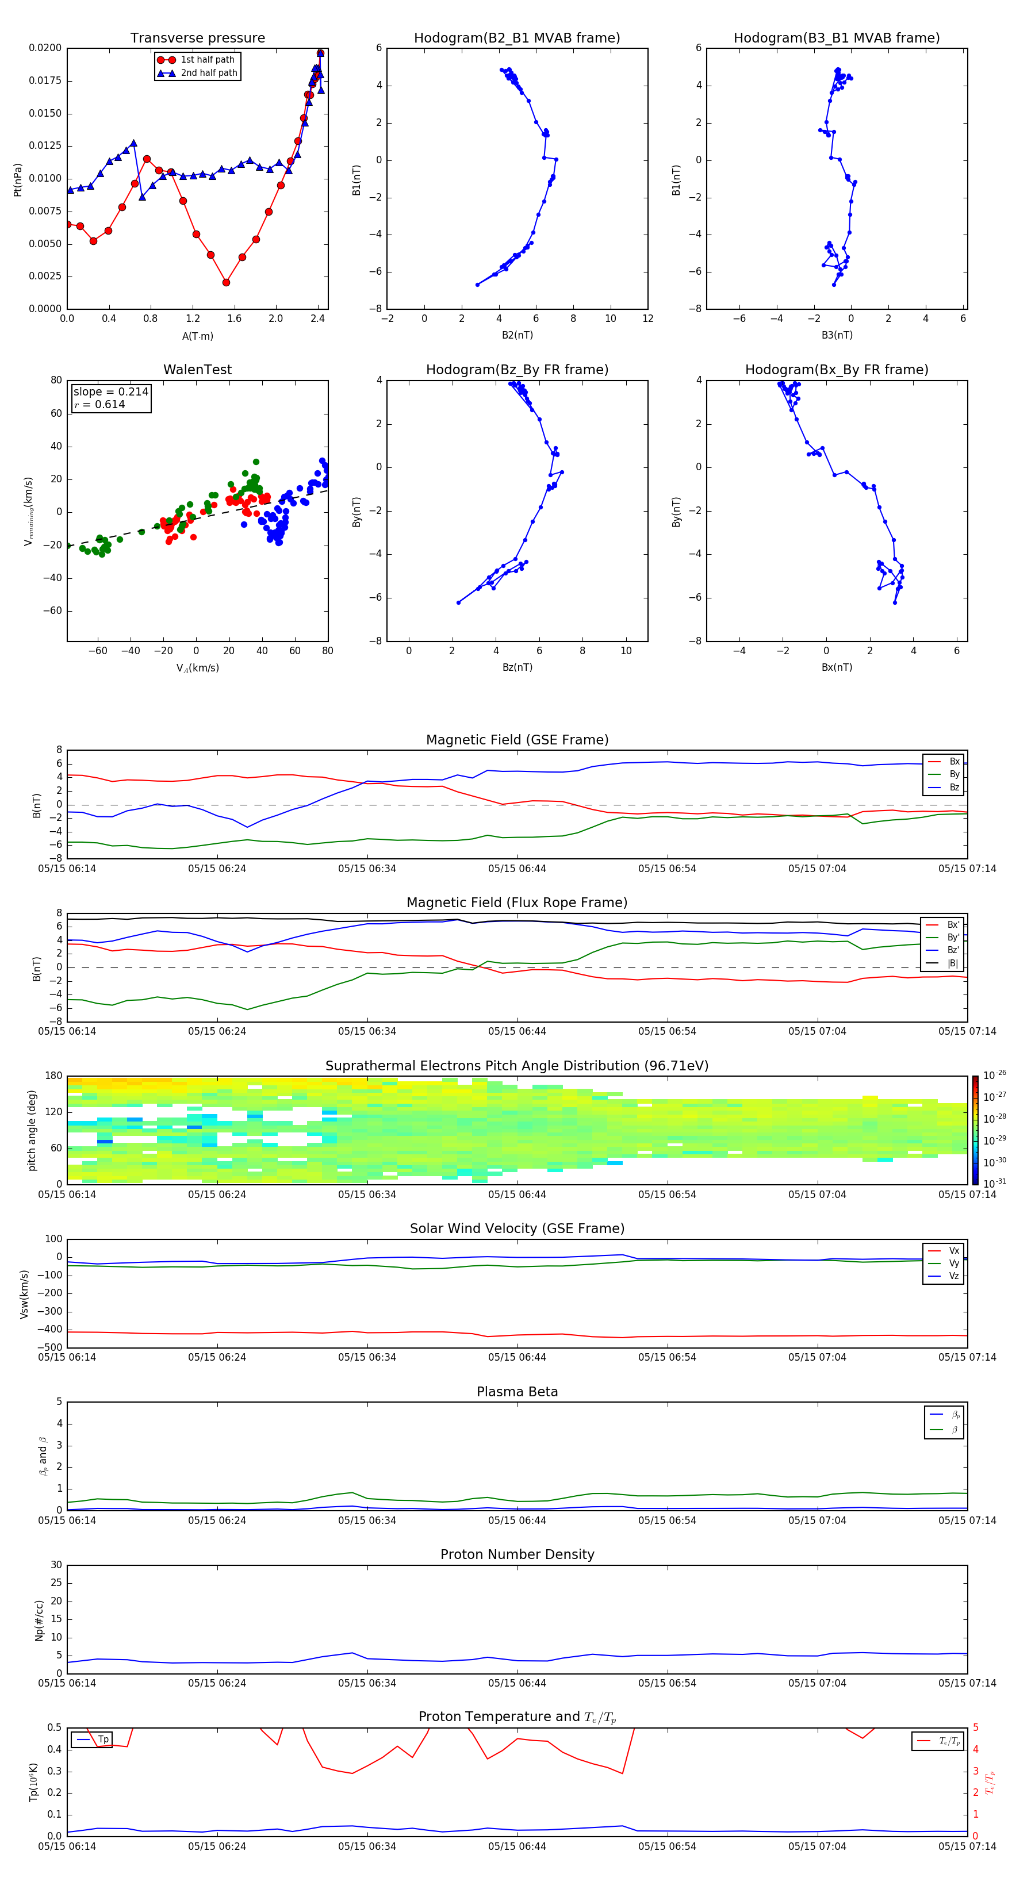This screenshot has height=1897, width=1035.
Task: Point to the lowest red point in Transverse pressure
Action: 226,282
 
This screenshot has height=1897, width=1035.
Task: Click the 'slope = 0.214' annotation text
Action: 110,392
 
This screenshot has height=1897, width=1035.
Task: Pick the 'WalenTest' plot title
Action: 197,370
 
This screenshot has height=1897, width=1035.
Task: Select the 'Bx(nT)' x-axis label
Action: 837,667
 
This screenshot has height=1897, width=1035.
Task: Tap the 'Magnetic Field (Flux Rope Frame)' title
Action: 516,903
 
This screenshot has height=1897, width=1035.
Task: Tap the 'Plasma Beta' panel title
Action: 516,1392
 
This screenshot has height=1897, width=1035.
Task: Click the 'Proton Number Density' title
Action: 516,1554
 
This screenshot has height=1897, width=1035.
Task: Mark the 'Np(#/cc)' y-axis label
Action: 39,1620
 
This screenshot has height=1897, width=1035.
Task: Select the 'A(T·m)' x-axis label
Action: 197,336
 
